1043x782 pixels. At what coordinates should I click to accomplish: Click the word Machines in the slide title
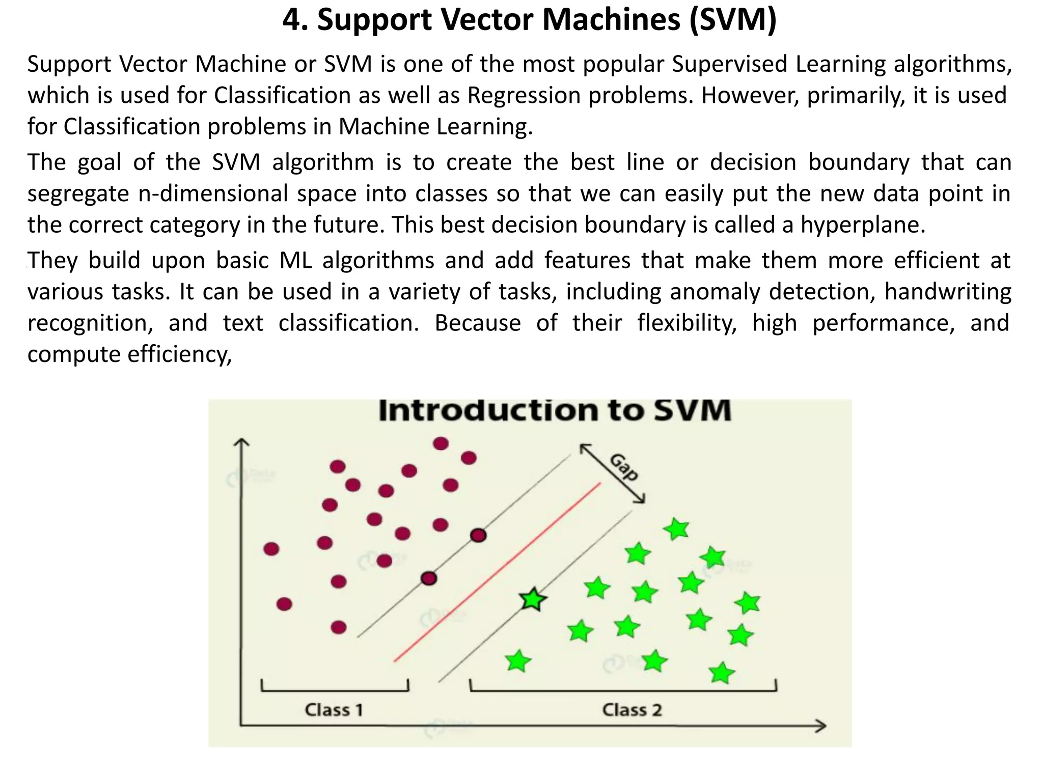611,20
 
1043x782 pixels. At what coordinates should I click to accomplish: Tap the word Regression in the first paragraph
524,96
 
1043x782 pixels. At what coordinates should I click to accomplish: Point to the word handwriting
947,292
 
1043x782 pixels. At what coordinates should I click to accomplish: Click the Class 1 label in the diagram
334,710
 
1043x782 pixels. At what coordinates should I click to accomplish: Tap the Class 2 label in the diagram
632,710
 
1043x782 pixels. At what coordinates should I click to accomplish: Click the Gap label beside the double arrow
624,467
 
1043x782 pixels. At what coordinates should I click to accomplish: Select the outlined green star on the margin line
533,599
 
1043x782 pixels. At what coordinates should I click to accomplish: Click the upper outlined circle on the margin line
478,535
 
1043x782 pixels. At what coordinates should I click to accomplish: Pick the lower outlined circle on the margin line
429,578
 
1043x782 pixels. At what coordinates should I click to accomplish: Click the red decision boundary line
497,573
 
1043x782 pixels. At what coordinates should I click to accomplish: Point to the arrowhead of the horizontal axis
821,726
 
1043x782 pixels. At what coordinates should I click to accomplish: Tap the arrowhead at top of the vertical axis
241,443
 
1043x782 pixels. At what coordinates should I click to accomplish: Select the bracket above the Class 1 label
335,690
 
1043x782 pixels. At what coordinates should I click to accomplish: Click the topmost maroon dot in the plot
441,443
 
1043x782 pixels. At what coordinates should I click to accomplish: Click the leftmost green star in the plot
518,661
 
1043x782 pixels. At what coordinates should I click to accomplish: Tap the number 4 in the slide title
291,20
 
